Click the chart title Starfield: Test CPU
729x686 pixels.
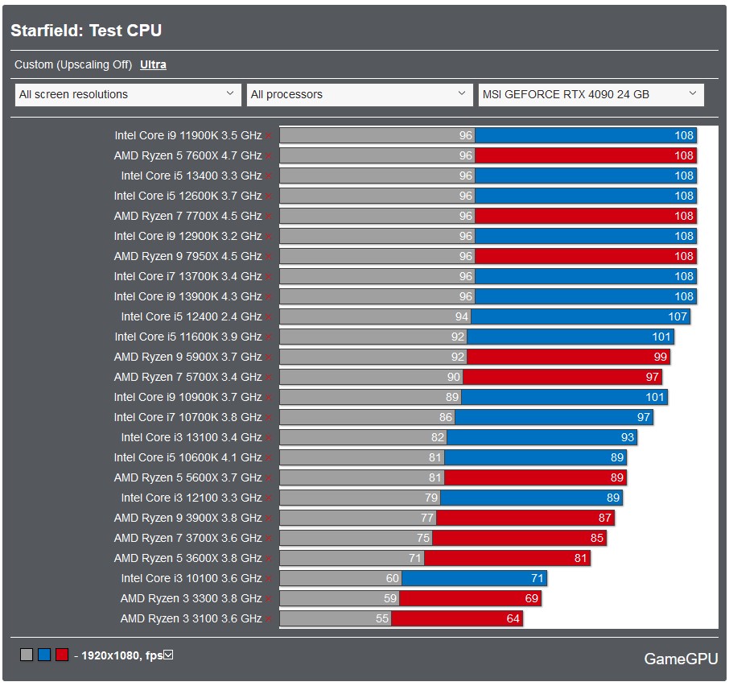click(86, 31)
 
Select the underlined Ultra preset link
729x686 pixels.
click(153, 64)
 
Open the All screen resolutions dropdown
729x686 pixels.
click(127, 94)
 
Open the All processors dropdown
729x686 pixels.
click(359, 94)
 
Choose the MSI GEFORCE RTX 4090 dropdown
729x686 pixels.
click(591, 94)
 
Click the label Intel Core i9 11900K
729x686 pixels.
click(187, 135)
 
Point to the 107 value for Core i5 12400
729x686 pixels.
click(678, 316)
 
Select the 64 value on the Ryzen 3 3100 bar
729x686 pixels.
click(513, 618)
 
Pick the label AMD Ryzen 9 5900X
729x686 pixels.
click(187, 357)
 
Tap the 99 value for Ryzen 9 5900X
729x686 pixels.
click(661, 357)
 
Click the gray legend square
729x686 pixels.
click(27, 655)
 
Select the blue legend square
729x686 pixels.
click(44, 655)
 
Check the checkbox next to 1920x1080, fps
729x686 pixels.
click(168, 655)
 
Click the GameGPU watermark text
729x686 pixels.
click(681, 659)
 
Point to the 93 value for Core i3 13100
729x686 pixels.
click(628, 437)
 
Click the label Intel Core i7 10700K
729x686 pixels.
click(187, 417)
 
